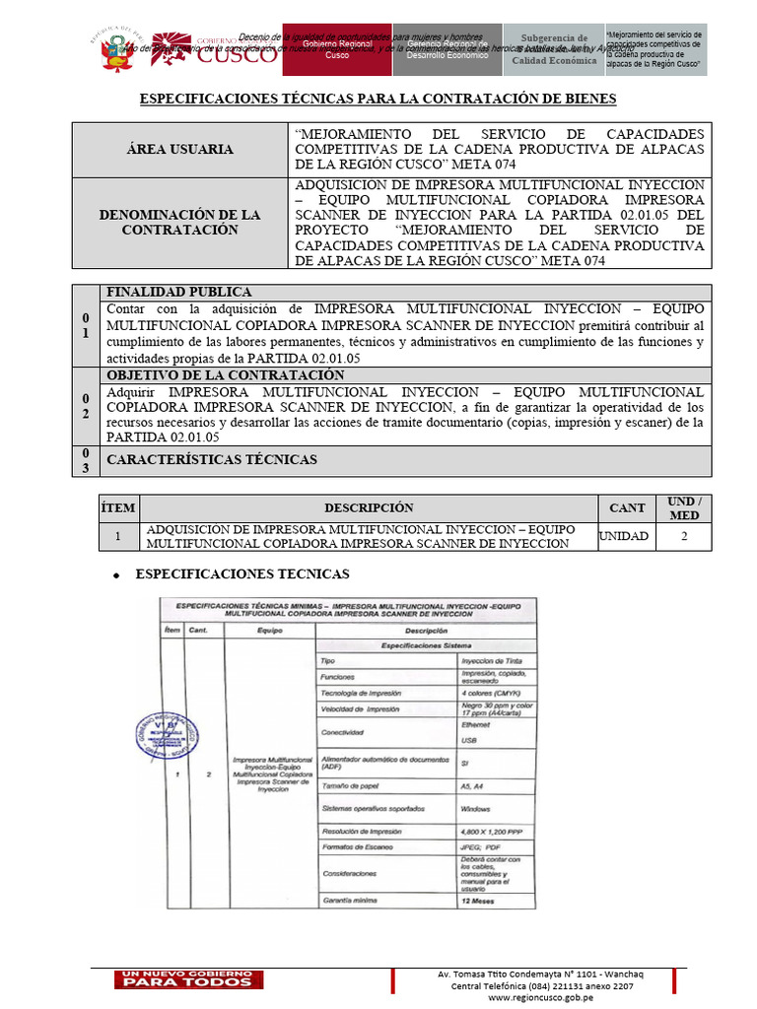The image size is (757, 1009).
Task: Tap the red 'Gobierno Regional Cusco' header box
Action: click(x=337, y=50)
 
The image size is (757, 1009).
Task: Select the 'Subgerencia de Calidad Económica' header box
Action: click(x=553, y=50)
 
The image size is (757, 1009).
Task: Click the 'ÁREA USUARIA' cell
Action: click(x=179, y=149)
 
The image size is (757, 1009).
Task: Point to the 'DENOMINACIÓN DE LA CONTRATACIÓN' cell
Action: click(x=179, y=222)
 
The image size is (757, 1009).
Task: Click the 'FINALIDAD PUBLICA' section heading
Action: click(x=178, y=293)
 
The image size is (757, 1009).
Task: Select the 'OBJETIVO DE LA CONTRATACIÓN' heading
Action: click(x=225, y=375)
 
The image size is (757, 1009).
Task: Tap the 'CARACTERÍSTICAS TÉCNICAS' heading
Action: click(x=212, y=460)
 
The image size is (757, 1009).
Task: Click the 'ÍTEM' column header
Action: click(x=117, y=507)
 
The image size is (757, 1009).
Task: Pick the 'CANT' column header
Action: click(x=628, y=507)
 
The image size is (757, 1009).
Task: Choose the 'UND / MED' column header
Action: click(x=683, y=507)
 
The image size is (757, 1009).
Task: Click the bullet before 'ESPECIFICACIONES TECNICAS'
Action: click(x=117, y=574)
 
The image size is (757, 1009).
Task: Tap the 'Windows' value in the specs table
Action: click(x=478, y=809)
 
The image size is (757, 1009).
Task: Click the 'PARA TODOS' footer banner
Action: click(x=186, y=981)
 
